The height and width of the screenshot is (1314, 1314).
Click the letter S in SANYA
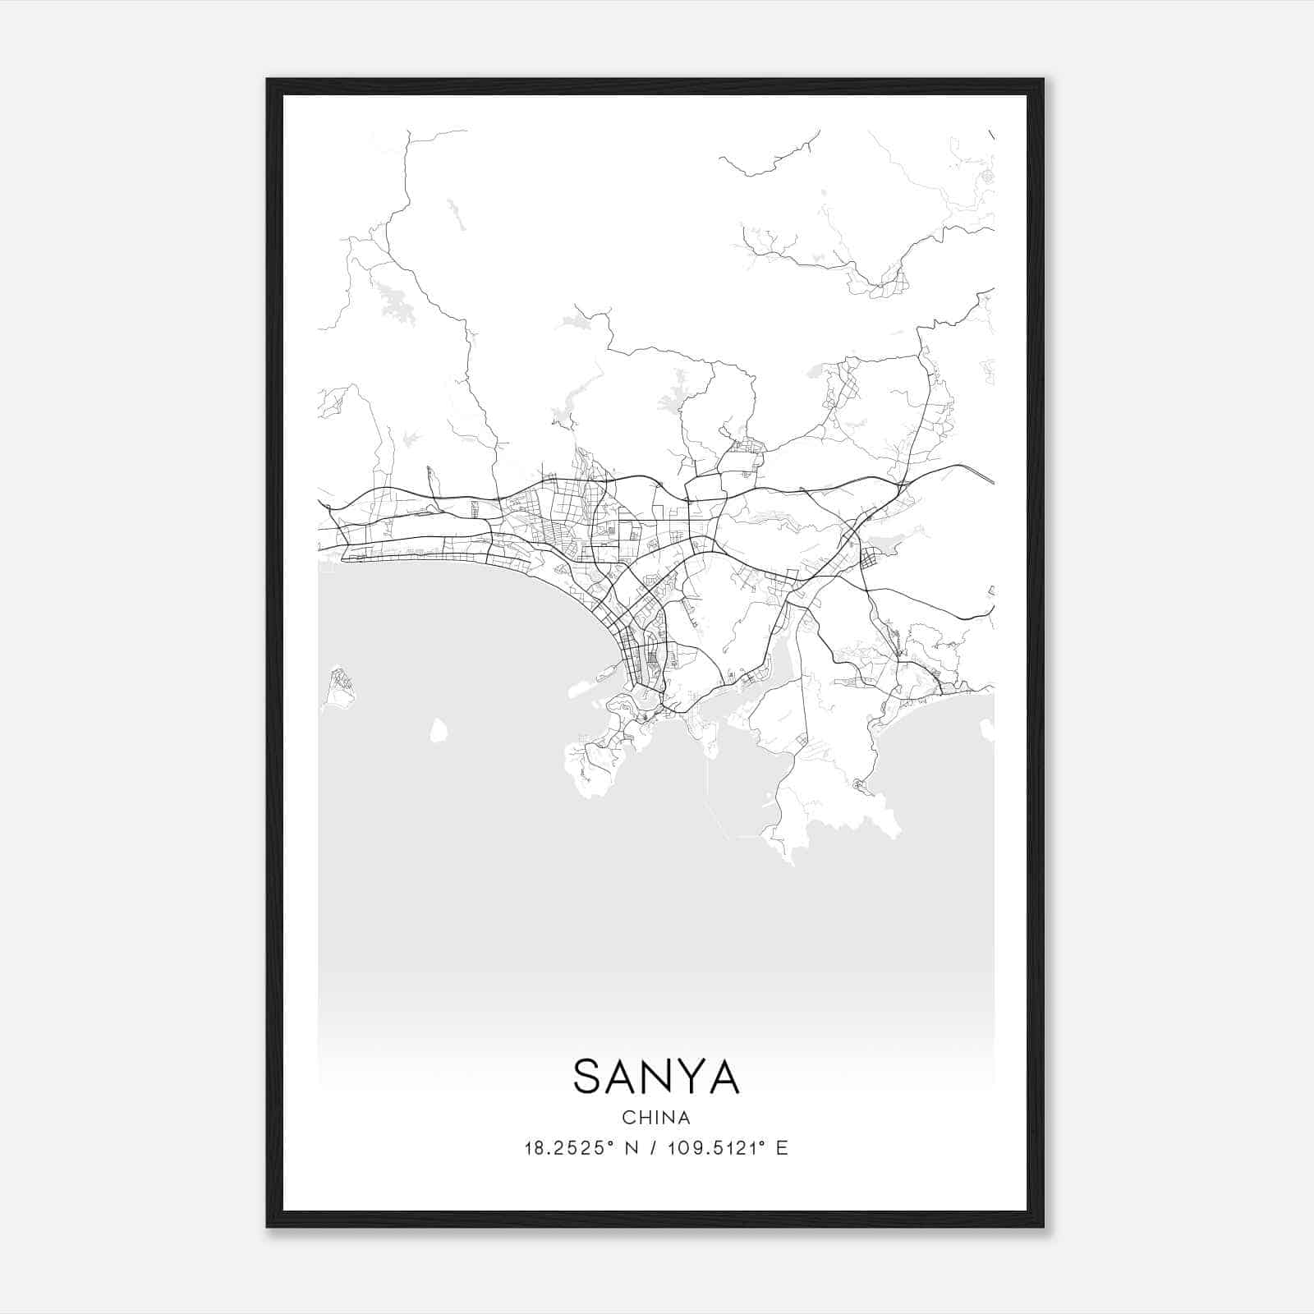(x=591, y=1077)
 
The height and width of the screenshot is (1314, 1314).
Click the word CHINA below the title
(x=656, y=1118)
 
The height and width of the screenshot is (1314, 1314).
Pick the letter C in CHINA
(x=627, y=1118)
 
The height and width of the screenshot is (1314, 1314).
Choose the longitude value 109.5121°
(x=711, y=1148)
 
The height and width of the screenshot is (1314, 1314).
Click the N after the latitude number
(x=632, y=1148)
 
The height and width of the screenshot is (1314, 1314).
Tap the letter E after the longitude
(x=782, y=1148)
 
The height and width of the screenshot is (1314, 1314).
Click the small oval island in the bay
(x=439, y=729)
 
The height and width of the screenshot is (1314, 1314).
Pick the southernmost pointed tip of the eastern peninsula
(x=792, y=862)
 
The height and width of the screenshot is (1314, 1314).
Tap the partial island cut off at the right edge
(x=988, y=729)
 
